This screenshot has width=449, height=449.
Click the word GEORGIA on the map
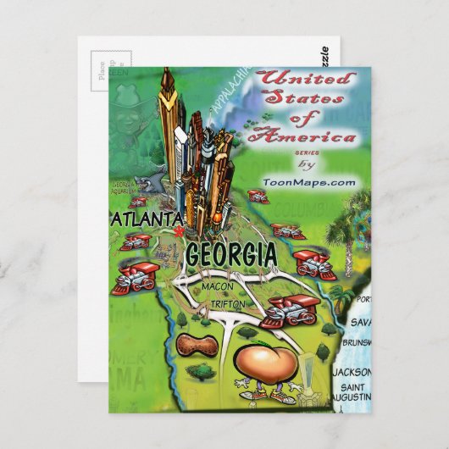230,253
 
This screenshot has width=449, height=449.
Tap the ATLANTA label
147,219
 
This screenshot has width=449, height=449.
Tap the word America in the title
318,136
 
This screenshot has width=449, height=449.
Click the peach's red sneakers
254,394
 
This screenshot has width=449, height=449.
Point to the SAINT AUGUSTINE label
350,393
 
